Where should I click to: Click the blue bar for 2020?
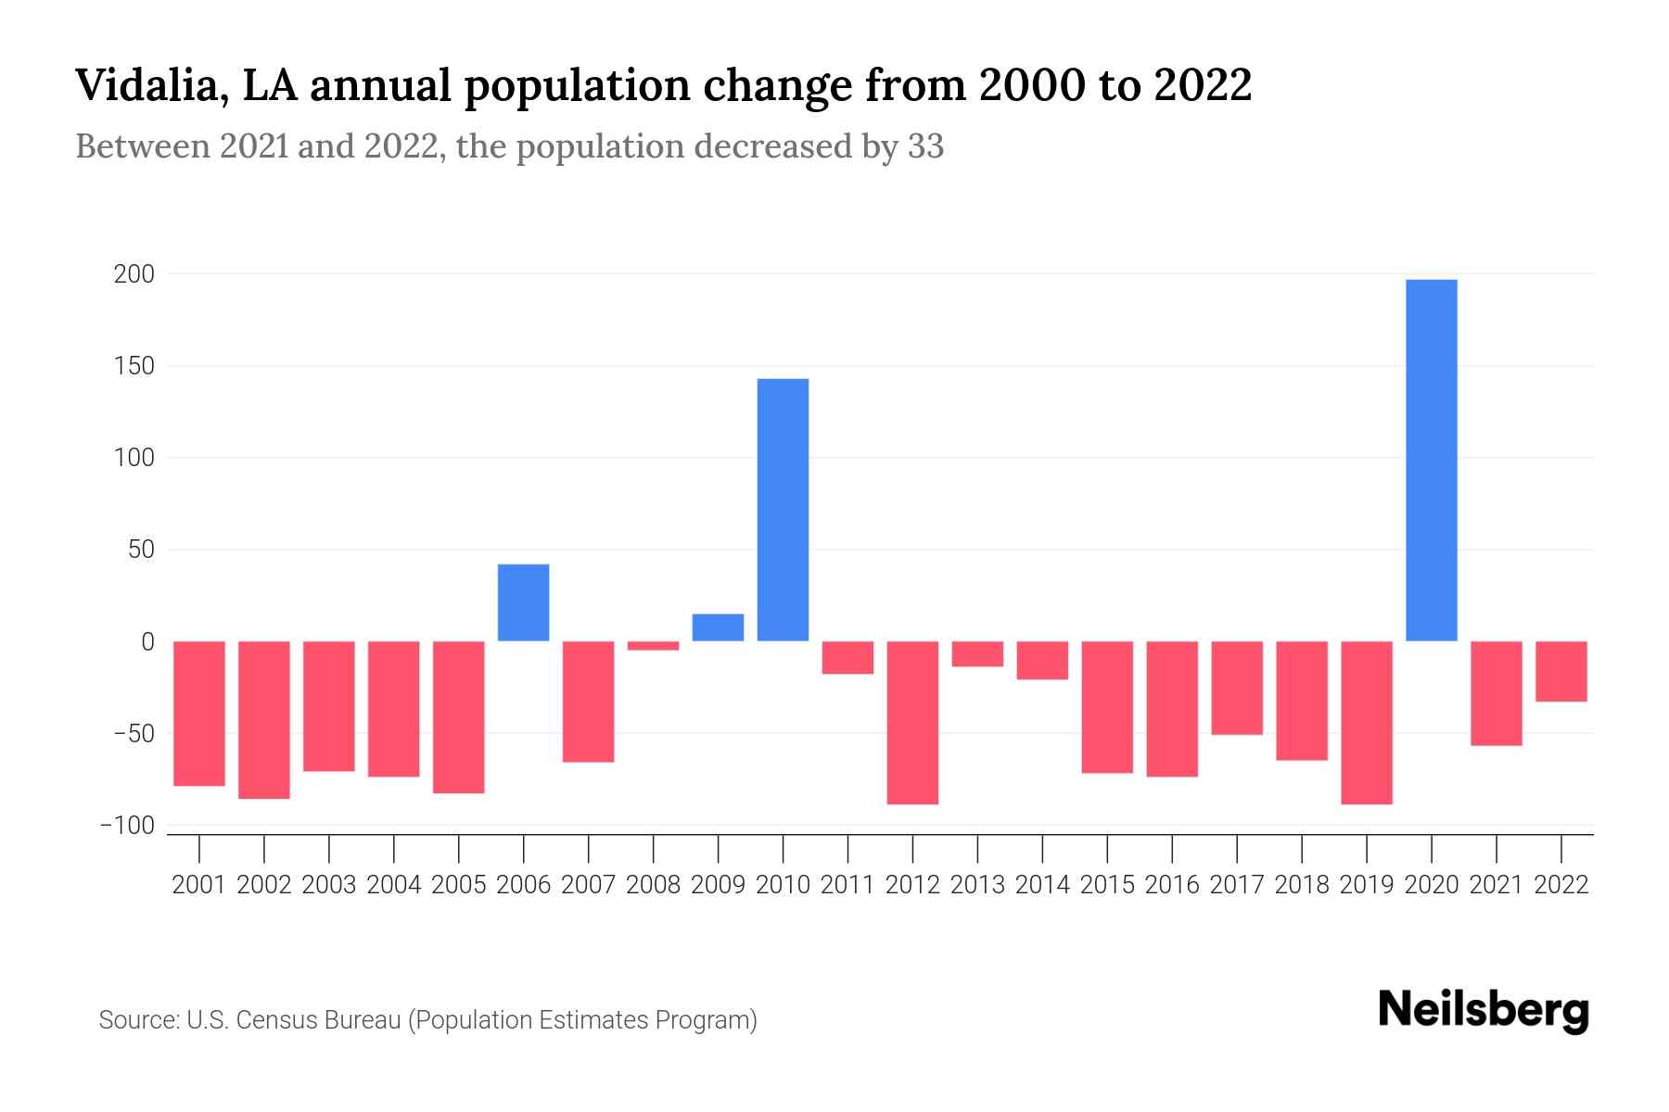[x=1431, y=461]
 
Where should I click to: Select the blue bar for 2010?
[x=783, y=510]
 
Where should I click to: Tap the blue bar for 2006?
[x=523, y=602]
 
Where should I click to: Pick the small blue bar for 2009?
[x=718, y=627]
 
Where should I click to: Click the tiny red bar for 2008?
[x=653, y=646]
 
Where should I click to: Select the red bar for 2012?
[x=912, y=722]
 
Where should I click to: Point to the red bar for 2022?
[x=1561, y=671]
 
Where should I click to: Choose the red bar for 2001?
[x=199, y=713]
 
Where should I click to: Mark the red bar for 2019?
[x=1366, y=722]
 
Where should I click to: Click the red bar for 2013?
[x=977, y=654]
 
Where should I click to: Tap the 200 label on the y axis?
[x=134, y=275]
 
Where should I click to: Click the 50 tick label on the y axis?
[x=141, y=550]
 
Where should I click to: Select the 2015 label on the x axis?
[x=1107, y=885]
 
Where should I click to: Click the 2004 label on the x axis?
[x=394, y=885]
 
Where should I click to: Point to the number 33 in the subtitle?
[x=924, y=146]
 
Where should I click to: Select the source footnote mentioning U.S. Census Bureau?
[x=427, y=1020]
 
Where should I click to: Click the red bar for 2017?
[x=1236, y=688]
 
